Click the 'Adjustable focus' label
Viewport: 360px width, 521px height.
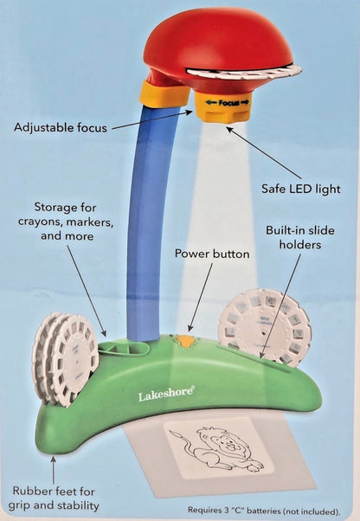pos(61,127)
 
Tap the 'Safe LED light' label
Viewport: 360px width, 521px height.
pos(300,188)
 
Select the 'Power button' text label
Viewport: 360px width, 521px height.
pos(212,254)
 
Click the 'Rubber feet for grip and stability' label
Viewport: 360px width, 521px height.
pos(55,499)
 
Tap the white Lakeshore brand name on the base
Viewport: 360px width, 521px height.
pos(166,395)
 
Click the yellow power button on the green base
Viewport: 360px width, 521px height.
pos(183,341)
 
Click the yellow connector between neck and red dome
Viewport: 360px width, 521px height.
pos(162,93)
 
